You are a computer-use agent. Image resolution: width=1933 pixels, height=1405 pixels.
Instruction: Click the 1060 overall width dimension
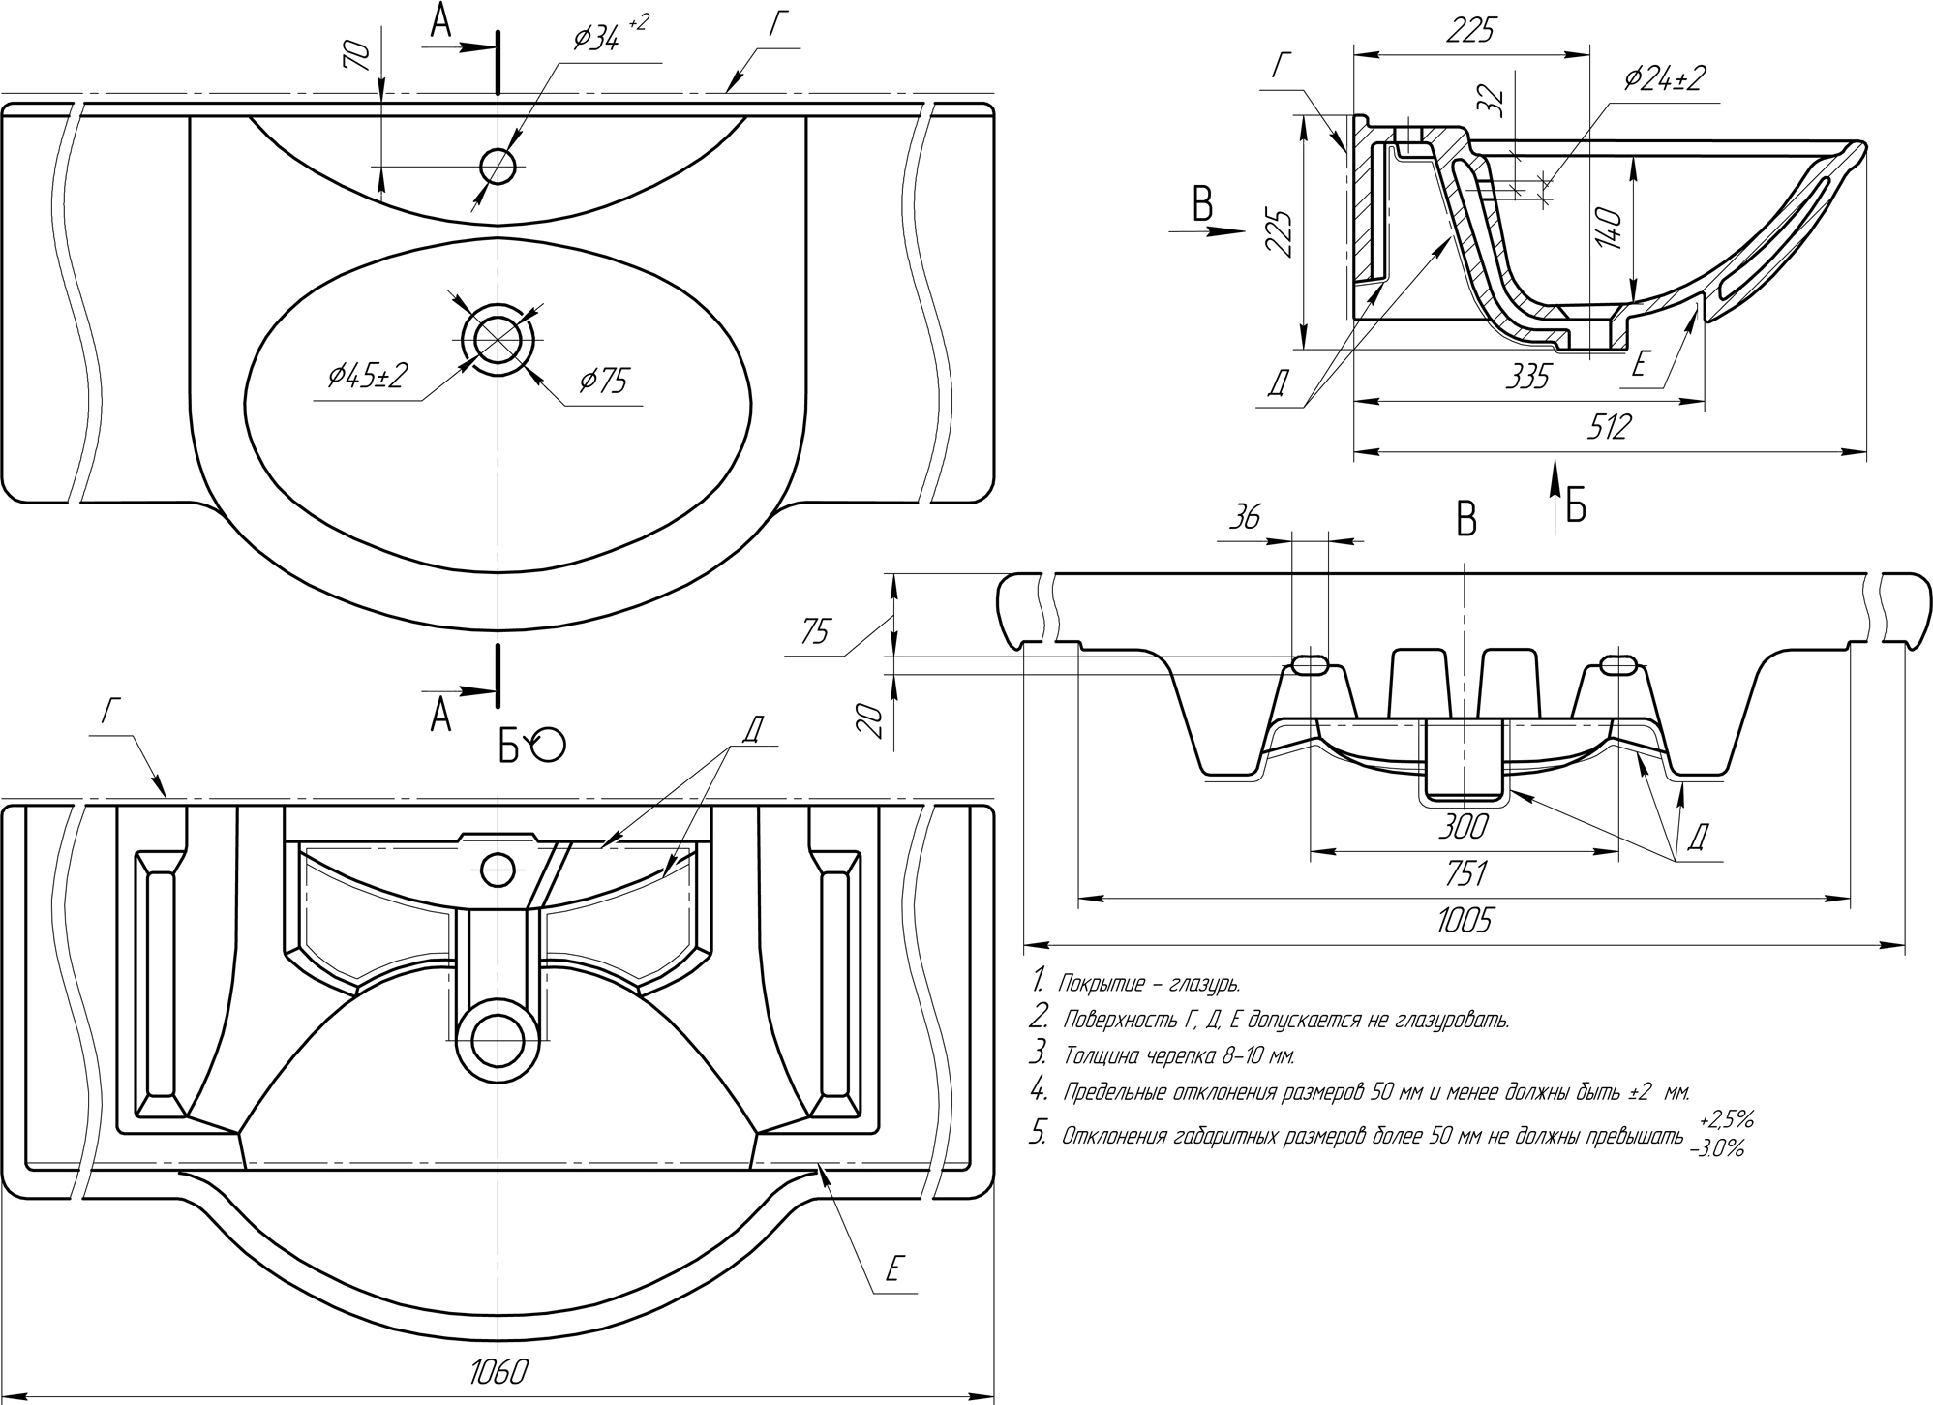[x=499, y=1372]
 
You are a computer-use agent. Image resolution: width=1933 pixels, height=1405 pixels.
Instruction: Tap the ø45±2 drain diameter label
[x=367, y=377]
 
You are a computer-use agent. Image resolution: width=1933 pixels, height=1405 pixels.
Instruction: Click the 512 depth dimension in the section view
[x=1608, y=427]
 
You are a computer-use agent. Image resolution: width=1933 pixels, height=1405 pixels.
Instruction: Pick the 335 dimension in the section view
[x=1527, y=377]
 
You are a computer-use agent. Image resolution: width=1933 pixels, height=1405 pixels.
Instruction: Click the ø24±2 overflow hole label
[x=1664, y=78]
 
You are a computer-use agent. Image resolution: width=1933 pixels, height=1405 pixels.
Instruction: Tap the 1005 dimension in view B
[x=1465, y=920]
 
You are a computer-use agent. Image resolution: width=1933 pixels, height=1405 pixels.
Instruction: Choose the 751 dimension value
[x=1465, y=873]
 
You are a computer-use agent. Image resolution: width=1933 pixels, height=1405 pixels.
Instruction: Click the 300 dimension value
[x=1465, y=828]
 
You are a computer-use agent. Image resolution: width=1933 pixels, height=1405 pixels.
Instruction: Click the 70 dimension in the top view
[x=357, y=56]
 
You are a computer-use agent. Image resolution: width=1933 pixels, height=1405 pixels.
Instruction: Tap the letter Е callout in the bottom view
[x=895, y=1268]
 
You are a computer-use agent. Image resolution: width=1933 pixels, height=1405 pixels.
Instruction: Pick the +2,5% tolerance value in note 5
[x=1726, y=1120]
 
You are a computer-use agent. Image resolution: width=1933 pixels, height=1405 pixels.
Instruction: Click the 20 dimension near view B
[x=872, y=720]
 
